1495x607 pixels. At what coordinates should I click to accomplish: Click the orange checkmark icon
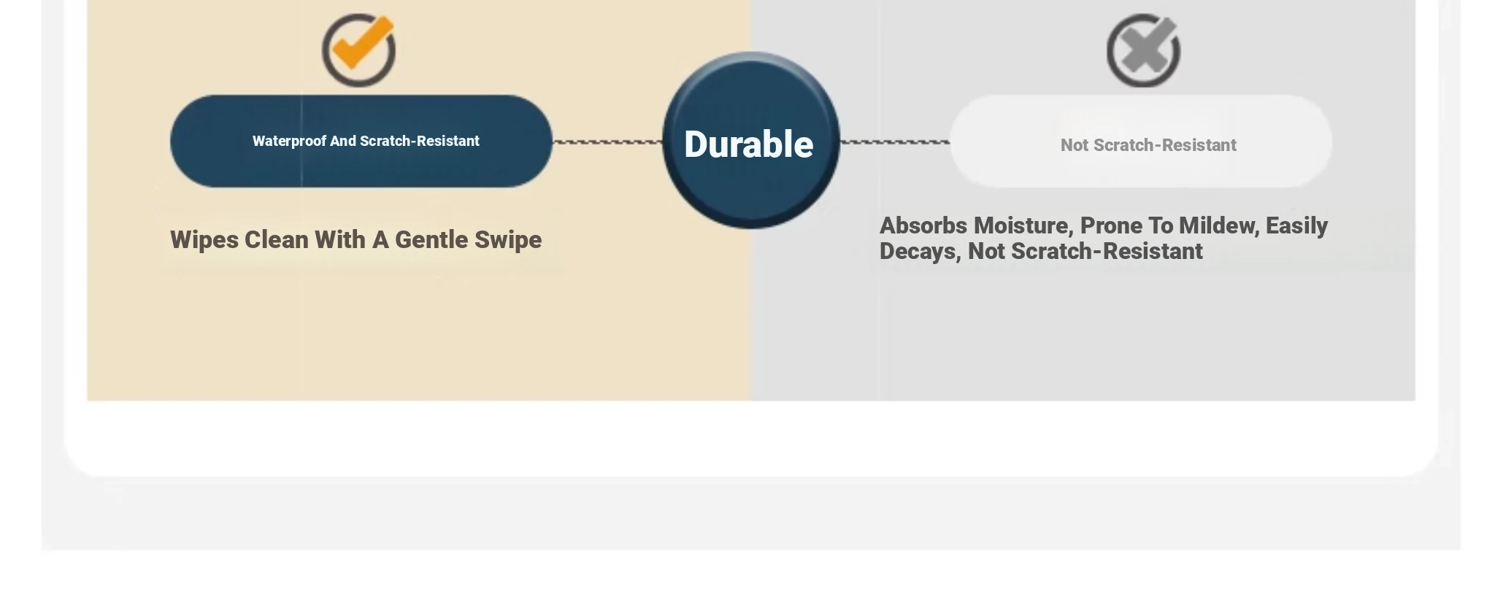coord(359,50)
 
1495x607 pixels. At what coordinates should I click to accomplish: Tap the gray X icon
coord(1143,50)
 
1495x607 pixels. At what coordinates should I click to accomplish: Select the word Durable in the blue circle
coord(748,144)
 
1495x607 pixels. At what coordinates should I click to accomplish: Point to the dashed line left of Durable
coord(607,142)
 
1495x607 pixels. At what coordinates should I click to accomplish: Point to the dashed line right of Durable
coord(895,142)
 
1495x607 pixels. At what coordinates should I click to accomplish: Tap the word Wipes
coord(204,240)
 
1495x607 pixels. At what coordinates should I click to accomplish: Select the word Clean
coord(276,239)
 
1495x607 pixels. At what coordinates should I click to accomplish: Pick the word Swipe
coord(508,240)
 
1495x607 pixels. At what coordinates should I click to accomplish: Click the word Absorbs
coord(923,225)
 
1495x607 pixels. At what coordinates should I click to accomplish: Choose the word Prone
coord(1111,225)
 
